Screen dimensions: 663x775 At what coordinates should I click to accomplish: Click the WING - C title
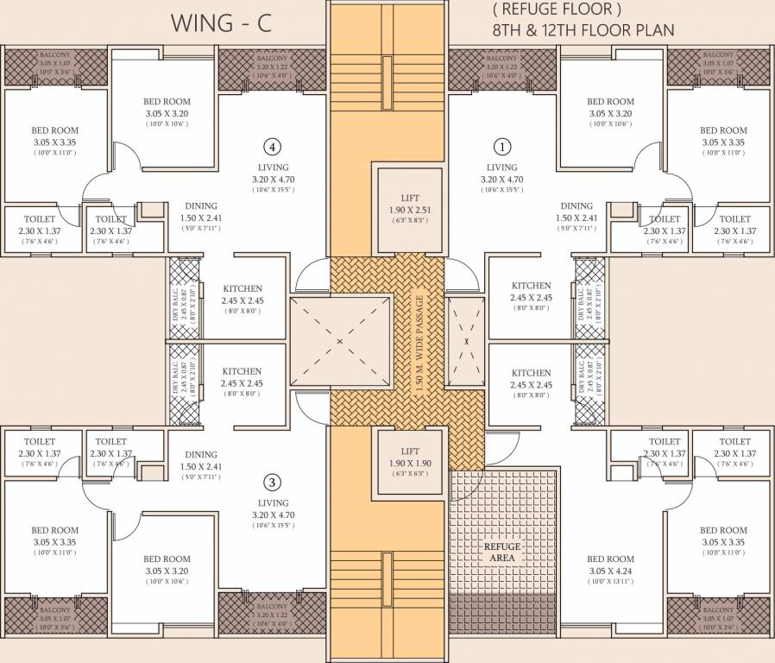(221, 23)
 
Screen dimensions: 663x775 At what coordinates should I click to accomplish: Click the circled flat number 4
(273, 146)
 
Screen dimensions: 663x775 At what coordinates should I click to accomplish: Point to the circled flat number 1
(502, 146)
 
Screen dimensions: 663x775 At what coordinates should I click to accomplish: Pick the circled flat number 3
(273, 482)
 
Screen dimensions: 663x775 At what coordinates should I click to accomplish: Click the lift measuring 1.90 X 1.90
(410, 463)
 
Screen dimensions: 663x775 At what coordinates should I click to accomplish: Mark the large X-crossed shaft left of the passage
(338, 341)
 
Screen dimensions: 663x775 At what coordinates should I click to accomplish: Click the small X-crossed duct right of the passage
(466, 339)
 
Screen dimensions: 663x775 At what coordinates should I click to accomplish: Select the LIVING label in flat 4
(273, 167)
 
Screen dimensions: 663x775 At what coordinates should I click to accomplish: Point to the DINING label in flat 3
(201, 455)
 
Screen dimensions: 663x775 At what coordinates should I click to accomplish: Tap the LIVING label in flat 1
(502, 167)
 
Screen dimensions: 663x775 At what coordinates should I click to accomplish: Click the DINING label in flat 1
(576, 206)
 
